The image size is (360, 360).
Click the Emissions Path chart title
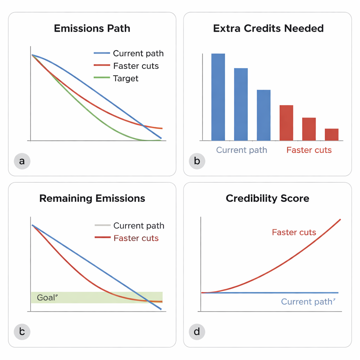(92, 28)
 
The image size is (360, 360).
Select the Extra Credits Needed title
(268, 28)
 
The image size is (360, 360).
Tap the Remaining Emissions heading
(92, 198)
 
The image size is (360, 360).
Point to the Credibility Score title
(268, 198)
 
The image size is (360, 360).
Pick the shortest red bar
(332, 135)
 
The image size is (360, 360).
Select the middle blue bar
(241, 104)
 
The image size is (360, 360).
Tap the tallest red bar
(286, 123)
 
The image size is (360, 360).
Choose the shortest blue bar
(264, 115)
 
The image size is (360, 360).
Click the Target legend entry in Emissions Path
(126, 78)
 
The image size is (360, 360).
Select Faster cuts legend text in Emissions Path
(136, 66)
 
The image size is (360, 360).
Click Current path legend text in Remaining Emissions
(139, 226)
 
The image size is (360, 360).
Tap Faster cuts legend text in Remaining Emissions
(136, 238)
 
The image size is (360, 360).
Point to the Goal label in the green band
(47, 298)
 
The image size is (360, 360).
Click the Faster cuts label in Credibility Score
(294, 232)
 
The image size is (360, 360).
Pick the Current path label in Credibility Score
(307, 302)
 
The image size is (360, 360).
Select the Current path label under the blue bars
(242, 150)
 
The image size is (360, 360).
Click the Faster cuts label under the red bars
(309, 150)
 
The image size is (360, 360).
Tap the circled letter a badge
(22, 161)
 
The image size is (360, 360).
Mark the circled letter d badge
(197, 332)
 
